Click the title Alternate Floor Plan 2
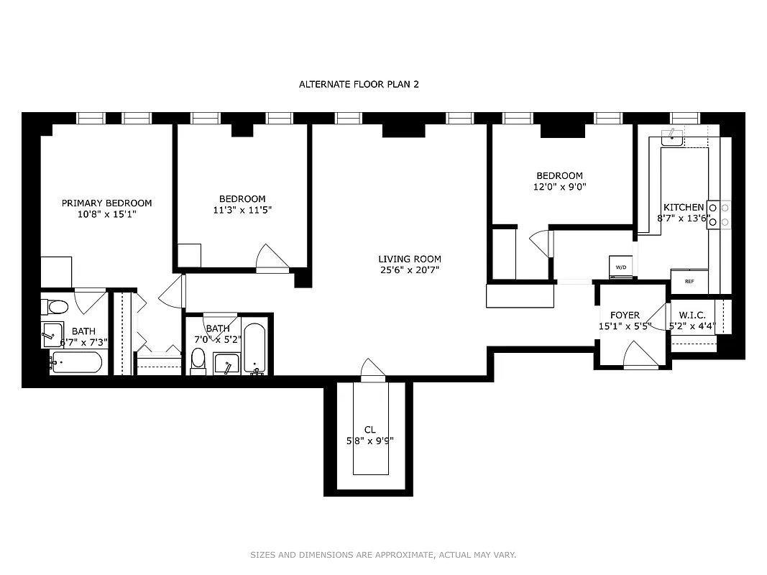(359, 84)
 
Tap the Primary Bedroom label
(106, 203)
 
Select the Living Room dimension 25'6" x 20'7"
(410, 270)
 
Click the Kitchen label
(683, 207)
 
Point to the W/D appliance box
(620, 266)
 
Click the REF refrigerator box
(689, 281)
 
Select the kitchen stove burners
(719, 214)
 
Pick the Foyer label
(625, 315)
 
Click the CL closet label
(369, 430)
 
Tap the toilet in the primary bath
(55, 307)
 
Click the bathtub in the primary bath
(76, 362)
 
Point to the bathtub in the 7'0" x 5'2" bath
(254, 349)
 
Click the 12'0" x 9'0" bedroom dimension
(559, 187)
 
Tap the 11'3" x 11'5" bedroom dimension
(242, 210)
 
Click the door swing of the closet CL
(372, 369)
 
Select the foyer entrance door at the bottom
(640, 355)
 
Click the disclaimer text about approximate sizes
(383, 554)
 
